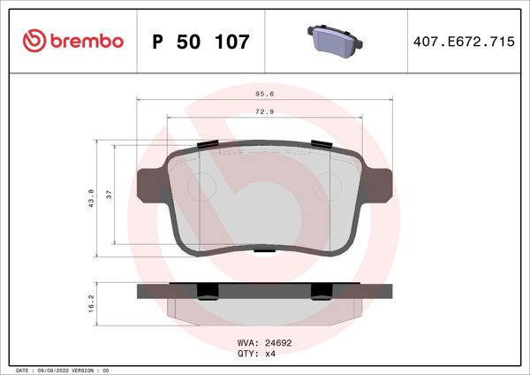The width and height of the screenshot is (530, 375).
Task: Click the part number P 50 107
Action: (201, 42)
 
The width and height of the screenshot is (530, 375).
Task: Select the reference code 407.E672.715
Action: (463, 42)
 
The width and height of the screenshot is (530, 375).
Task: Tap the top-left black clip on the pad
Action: (209, 143)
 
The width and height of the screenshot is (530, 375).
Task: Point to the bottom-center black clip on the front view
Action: (264, 250)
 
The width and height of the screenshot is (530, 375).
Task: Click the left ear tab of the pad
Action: (151, 187)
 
